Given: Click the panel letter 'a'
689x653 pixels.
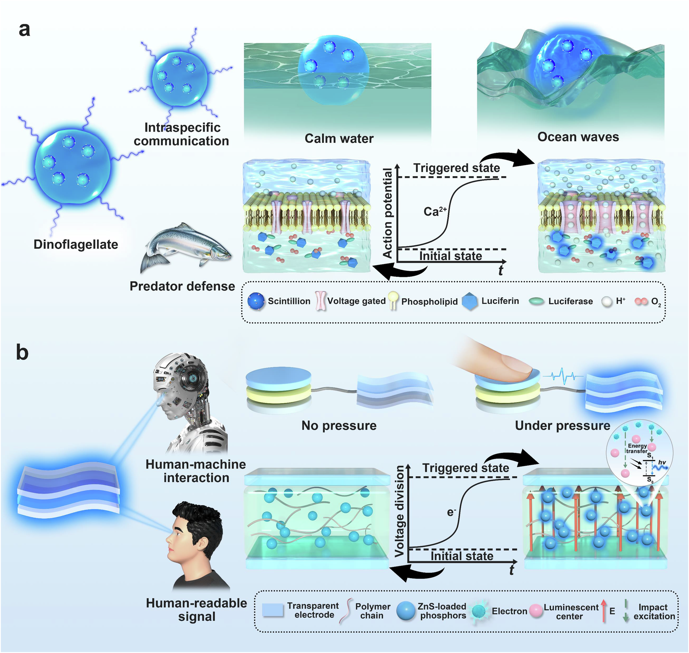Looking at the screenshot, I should coord(24,30).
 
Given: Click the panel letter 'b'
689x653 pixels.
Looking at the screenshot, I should coord(22,352).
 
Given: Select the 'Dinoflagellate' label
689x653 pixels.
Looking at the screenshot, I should coord(76,244).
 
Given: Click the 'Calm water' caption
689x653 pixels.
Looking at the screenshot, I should coord(339,138).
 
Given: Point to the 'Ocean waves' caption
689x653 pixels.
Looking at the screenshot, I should coord(578,137).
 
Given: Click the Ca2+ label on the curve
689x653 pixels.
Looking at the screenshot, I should coord(434,211).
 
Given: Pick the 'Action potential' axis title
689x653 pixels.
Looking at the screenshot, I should coord(388,213).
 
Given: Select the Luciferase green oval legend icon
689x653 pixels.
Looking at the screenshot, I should coord(536,302).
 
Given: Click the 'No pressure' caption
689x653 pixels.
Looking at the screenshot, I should coord(339,425).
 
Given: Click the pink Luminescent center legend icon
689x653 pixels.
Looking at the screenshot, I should coord(536,611).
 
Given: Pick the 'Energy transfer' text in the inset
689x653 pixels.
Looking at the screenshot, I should coord(637,448).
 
